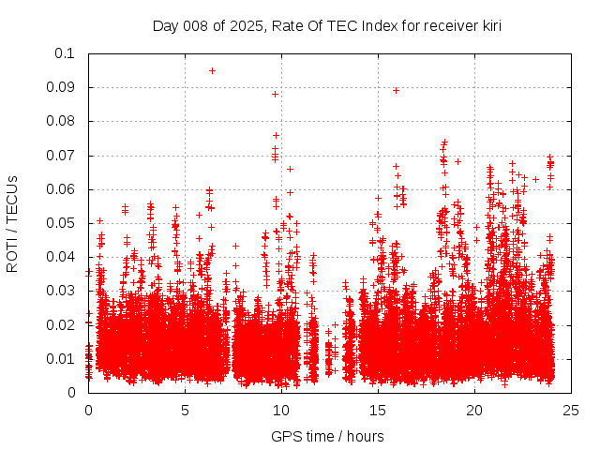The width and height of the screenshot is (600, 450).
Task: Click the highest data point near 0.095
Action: [x=212, y=70]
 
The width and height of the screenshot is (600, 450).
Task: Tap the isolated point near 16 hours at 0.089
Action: [x=396, y=90]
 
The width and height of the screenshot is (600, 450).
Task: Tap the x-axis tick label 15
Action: [x=377, y=410]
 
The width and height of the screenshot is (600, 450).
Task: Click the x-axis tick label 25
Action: [x=570, y=410]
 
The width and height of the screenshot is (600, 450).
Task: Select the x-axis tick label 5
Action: [x=185, y=410]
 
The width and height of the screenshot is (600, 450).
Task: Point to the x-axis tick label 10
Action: [x=280, y=410]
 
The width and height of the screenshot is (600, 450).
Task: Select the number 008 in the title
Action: [x=197, y=26]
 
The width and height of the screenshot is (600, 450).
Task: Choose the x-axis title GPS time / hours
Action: [x=327, y=436]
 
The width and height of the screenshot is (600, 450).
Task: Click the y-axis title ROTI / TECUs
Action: [x=13, y=223]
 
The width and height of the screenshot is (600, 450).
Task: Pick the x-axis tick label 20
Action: [x=473, y=410]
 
